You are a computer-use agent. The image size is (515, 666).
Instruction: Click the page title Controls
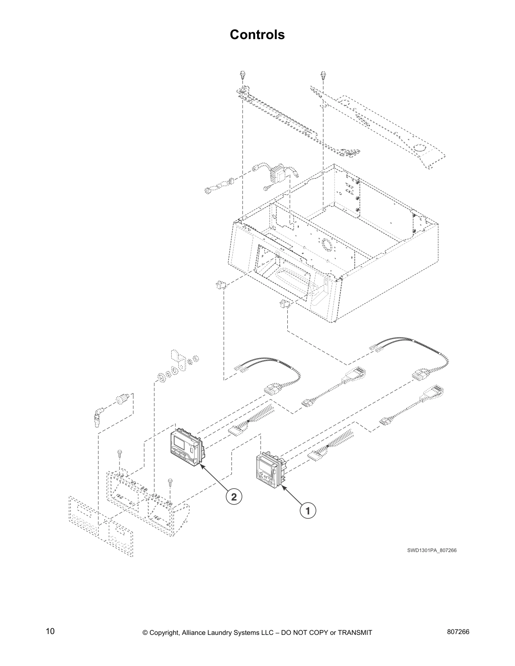coord(257,34)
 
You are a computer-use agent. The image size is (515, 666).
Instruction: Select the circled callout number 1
coord(308,511)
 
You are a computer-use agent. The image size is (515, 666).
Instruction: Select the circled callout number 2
coord(234,497)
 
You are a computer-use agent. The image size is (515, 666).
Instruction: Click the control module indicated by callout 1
coord(269,471)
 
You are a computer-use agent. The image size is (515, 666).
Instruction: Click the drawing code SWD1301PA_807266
coord(431,550)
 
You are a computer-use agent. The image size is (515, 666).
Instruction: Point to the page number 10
coord(50,632)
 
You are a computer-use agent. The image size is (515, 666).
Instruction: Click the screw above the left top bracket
coord(243,76)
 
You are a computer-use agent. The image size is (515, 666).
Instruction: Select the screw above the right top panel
coord(323,76)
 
